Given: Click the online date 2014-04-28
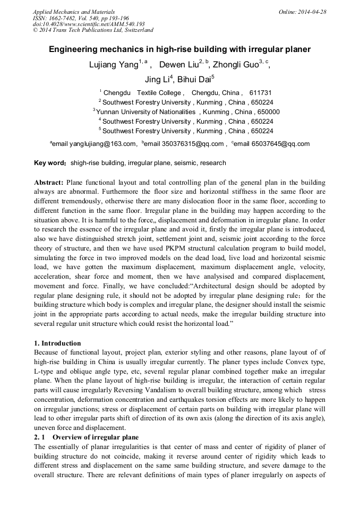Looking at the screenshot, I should (311, 12).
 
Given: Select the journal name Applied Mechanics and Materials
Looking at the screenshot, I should (74, 12).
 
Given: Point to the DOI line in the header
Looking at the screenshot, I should (88, 24).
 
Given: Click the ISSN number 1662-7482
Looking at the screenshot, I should (66, 18).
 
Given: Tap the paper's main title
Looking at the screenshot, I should (179, 49).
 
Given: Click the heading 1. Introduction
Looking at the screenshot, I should (57, 343).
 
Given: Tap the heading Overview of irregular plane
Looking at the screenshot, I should (96, 437).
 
